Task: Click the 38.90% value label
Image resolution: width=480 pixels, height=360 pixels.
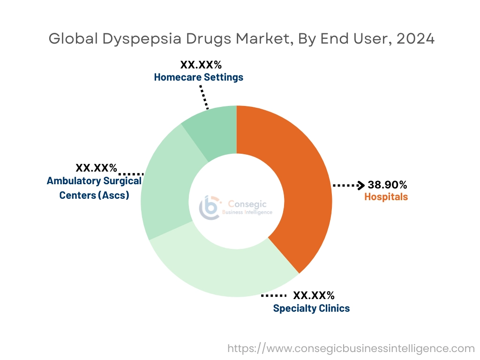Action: (387, 185)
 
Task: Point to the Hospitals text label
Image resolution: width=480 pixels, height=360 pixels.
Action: (386, 197)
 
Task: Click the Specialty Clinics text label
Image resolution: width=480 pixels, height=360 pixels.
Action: (311, 308)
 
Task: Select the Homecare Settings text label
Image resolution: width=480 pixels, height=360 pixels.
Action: (199, 77)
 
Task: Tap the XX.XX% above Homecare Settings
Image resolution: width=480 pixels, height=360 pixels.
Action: (201, 65)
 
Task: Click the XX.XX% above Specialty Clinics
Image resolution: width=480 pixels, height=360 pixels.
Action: (314, 296)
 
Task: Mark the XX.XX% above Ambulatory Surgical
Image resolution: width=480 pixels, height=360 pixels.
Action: (97, 168)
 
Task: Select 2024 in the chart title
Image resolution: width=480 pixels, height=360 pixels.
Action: (415, 39)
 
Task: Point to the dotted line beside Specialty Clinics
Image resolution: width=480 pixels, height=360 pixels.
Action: (273, 296)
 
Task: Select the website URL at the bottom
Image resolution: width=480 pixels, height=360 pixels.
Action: (351, 349)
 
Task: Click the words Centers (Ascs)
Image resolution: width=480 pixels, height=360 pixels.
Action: (94, 195)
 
